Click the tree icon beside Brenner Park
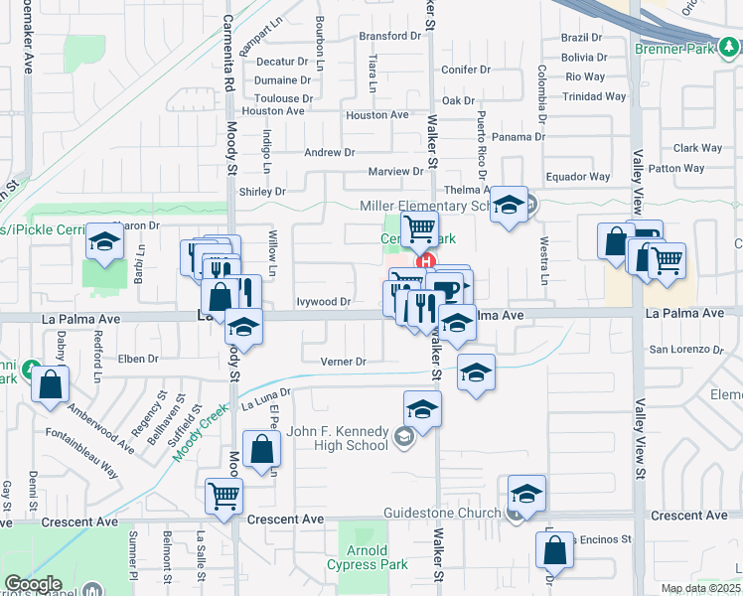[x=730, y=47]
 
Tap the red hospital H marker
[x=427, y=262]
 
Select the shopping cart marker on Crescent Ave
[x=223, y=496]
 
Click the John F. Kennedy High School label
[x=337, y=438]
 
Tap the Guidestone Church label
[x=444, y=513]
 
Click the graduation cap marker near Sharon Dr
[x=104, y=241]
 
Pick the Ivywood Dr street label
[x=324, y=301]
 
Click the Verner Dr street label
[x=345, y=362]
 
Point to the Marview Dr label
[x=395, y=172]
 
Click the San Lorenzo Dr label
[x=685, y=350]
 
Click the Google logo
[x=33, y=583]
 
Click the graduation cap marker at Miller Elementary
[x=509, y=206]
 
